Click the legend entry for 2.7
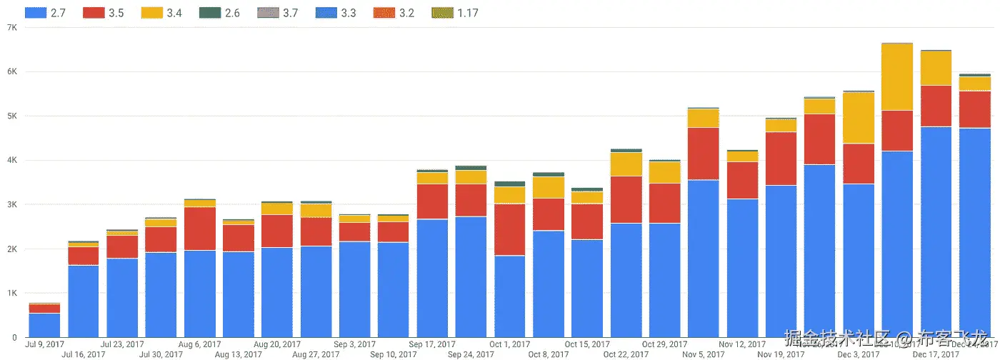pos(46,13)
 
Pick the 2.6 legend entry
pos(221,13)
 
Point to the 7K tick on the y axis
pos(11,27)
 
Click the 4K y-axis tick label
pos(11,160)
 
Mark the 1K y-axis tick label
pos(11,293)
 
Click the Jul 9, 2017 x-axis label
pos(45,344)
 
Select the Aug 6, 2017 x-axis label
pos(199,344)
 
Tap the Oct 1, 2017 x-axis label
pos(509,344)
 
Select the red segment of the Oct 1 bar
pos(509,229)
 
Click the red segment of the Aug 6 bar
pos(199,229)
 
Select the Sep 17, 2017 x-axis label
pos(432,344)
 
